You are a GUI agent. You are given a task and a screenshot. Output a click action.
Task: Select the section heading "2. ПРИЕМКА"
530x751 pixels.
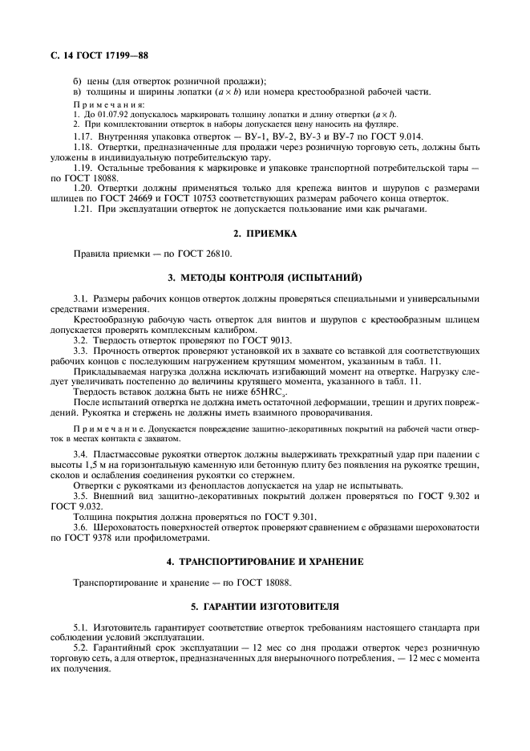point(265,233)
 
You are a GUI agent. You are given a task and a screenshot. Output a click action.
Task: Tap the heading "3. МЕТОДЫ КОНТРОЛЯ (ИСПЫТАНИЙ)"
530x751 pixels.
point(265,278)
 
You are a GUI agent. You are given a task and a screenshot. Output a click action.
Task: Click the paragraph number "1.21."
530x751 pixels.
point(83,209)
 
